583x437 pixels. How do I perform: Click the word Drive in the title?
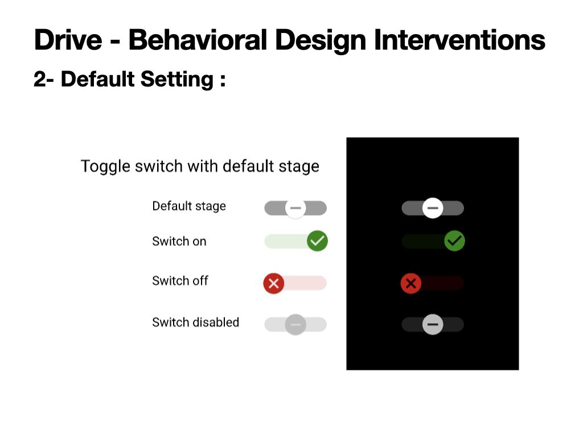(x=68, y=40)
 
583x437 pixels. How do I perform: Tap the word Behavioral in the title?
(x=198, y=40)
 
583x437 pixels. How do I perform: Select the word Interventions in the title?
(x=459, y=40)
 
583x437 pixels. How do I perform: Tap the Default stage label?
(x=189, y=206)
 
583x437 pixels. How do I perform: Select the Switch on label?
(x=179, y=241)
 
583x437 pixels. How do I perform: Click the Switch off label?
(x=180, y=281)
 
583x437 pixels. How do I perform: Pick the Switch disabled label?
(x=196, y=322)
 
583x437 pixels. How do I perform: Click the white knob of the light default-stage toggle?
(x=295, y=208)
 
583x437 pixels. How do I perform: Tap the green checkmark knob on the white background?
(x=318, y=241)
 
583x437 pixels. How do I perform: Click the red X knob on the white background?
(x=274, y=283)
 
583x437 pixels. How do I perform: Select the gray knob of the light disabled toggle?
(x=295, y=324)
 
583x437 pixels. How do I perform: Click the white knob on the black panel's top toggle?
(x=433, y=208)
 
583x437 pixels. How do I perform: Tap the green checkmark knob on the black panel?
(x=455, y=241)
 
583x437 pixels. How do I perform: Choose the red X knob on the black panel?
(x=411, y=283)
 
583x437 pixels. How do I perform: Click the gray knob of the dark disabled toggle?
(x=433, y=324)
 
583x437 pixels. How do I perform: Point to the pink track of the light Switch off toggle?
(x=305, y=283)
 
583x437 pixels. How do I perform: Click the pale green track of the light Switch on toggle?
(x=286, y=241)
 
